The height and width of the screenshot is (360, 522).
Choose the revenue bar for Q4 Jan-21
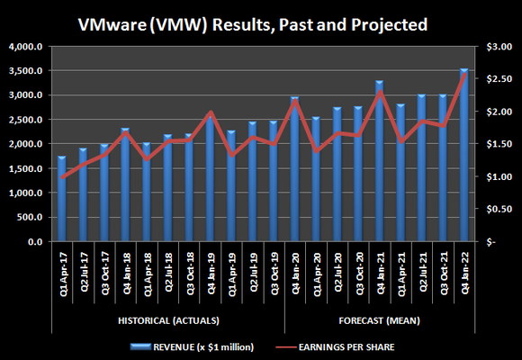click(x=379, y=162)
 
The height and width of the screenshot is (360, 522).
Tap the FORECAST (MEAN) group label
click(x=378, y=320)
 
